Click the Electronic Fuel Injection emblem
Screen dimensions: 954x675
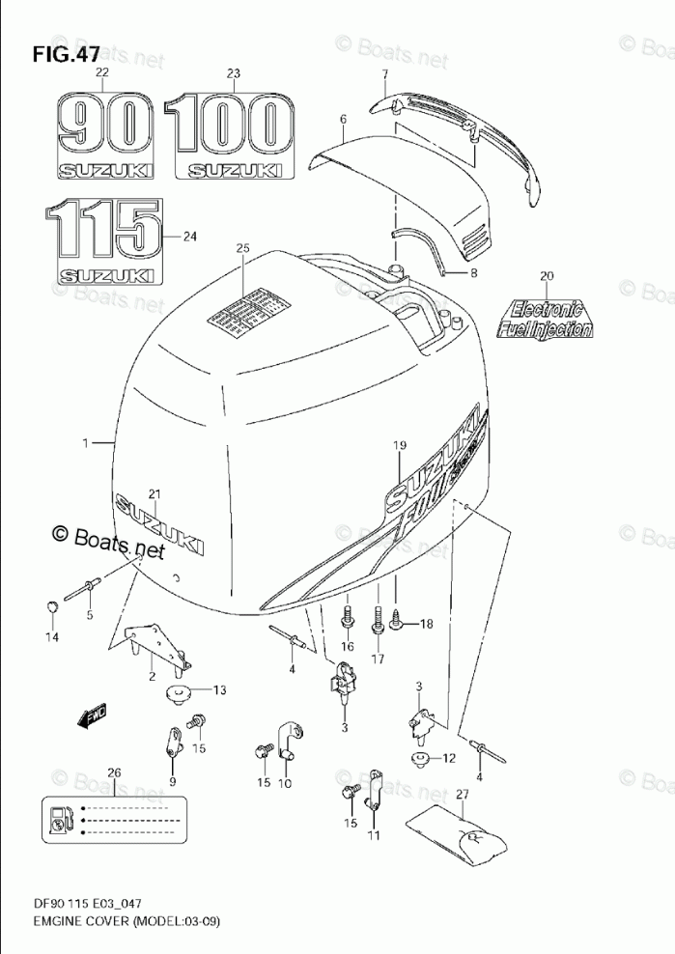[544, 319]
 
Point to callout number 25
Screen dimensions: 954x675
[242, 249]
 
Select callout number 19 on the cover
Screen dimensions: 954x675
[400, 444]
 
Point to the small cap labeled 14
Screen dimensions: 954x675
[52, 606]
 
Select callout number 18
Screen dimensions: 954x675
[426, 625]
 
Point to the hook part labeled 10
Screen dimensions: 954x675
[288, 742]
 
